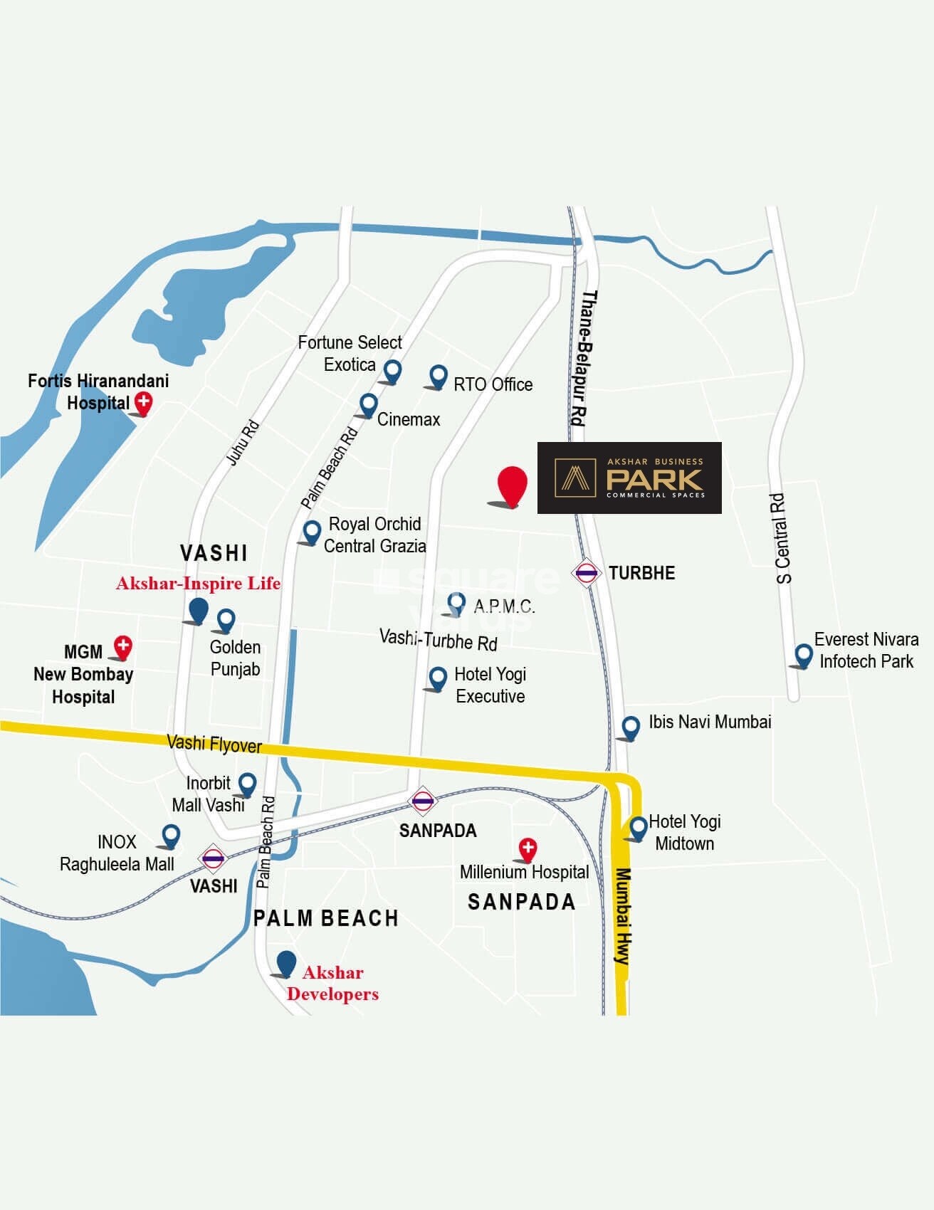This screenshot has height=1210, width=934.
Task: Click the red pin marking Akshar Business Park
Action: tap(513, 485)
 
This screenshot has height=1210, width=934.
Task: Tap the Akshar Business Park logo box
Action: tap(629, 478)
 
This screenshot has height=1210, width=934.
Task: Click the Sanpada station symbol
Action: tap(422, 800)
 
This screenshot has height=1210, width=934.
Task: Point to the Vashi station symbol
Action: tap(213, 858)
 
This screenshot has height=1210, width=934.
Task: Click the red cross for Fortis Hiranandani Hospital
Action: tap(144, 402)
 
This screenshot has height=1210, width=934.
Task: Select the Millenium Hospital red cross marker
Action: tap(528, 848)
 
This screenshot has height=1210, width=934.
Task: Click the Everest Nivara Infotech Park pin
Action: tap(804, 654)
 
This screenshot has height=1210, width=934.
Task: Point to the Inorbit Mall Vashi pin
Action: tap(247, 784)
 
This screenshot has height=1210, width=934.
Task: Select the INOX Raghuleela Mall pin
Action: tap(171, 835)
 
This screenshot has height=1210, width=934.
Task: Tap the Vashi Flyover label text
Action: tap(214, 744)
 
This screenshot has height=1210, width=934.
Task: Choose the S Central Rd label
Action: tap(782, 538)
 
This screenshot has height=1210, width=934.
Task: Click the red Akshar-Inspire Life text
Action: tap(198, 584)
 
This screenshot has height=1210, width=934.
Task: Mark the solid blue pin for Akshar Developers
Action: tap(286, 963)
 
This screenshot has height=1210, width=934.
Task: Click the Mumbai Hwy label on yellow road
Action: tap(622, 916)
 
